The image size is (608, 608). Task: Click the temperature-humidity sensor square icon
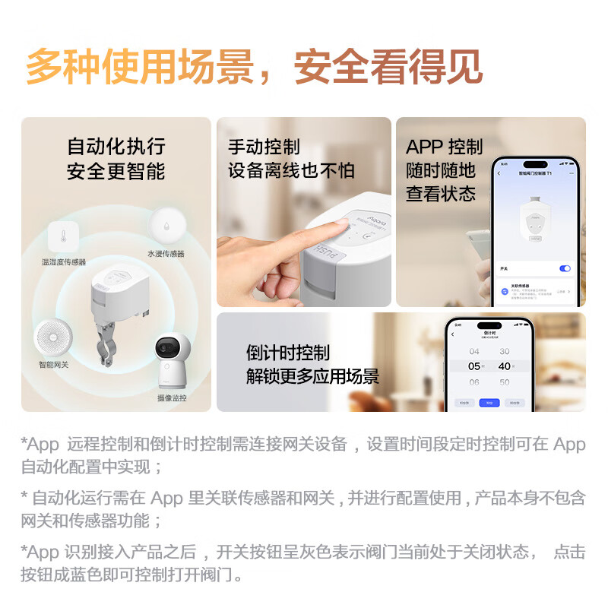click(x=64, y=236)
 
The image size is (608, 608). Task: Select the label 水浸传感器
click(x=166, y=253)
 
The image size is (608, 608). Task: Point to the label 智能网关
click(x=54, y=365)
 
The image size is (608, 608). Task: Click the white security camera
click(x=173, y=362)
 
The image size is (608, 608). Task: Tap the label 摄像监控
click(x=173, y=397)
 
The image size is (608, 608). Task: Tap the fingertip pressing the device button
click(x=340, y=225)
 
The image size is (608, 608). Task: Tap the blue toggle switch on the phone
click(x=564, y=268)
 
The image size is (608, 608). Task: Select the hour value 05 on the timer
click(x=474, y=366)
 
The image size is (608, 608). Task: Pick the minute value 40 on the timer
click(x=504, y=366)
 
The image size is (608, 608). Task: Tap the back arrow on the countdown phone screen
click(x=454, y=334)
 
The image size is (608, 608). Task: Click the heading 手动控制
click(x=264, y=147)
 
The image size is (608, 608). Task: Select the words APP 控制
click(x=444, y=147)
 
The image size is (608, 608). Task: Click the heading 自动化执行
click(x=116, y=146)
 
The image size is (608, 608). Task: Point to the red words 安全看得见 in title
click(x=388, y=66)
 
